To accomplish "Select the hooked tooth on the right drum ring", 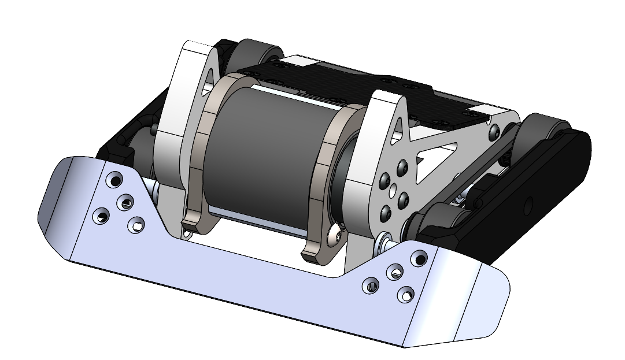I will (x=312, y=252).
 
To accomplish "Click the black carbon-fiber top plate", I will (x=358, y=87).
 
